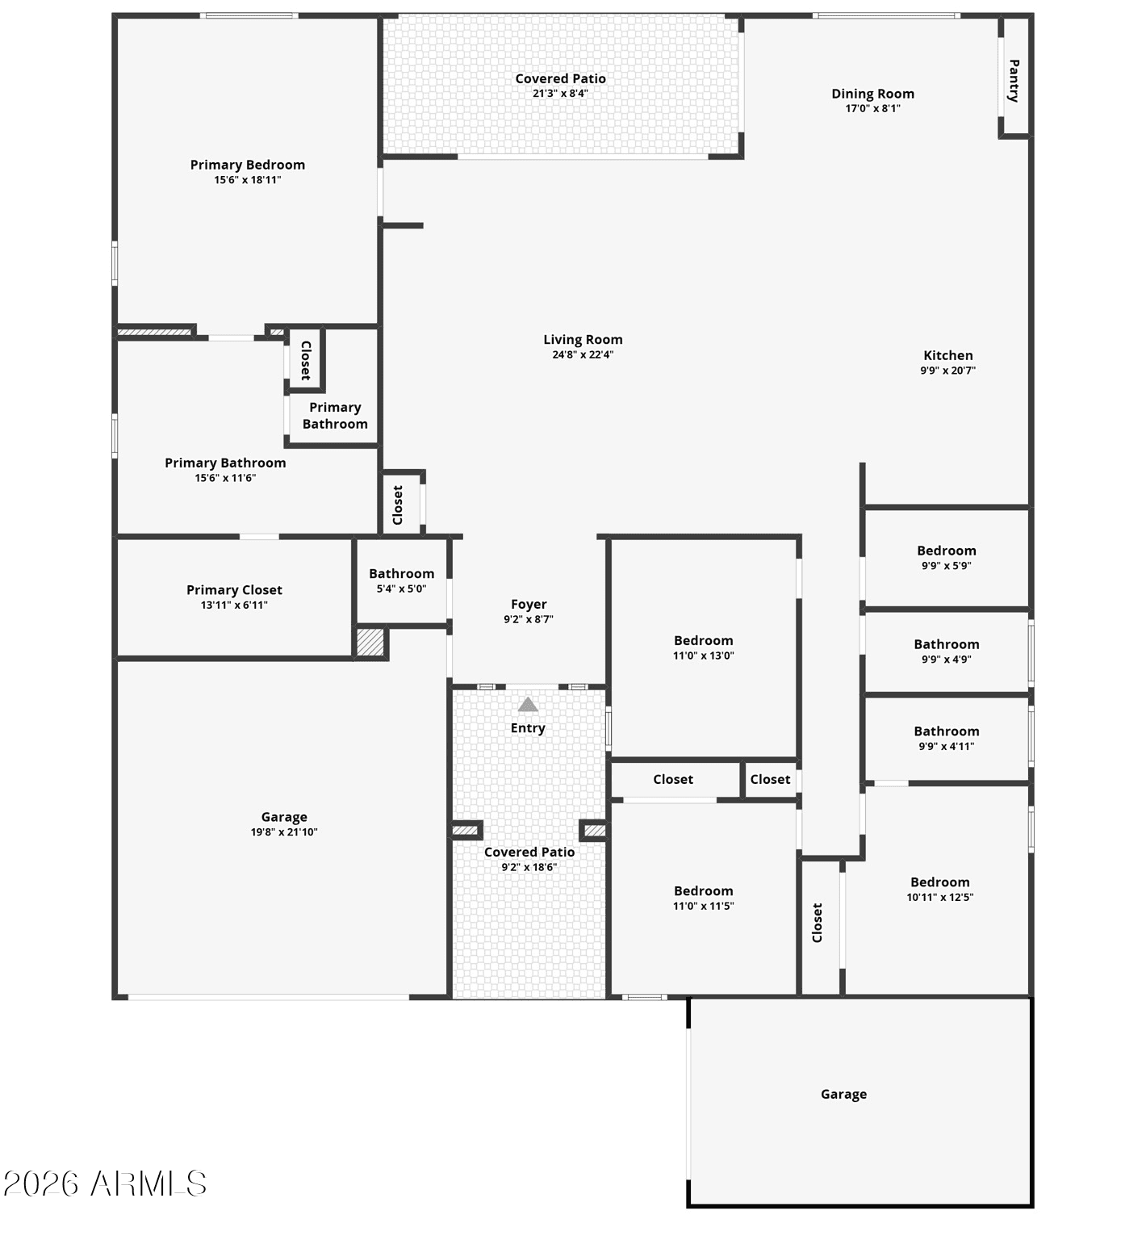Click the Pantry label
[1014, 80]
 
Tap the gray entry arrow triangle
[528, 705]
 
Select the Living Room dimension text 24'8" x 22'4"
[583, 354]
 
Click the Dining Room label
[872, 94]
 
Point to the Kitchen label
[947, 355]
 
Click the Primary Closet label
[234, 590]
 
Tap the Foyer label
[529, 605]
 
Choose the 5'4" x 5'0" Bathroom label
[401, 574]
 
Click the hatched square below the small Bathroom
[370, 643]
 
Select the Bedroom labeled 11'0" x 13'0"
[703, 641]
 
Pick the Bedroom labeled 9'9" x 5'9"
[946, 551]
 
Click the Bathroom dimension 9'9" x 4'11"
[946, 746]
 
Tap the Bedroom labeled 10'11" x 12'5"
[939, 882]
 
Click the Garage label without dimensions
[843, 1094]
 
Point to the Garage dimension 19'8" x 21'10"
[284, 832]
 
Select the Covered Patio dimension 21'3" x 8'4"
[560, 94]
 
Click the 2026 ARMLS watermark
[105, 1183]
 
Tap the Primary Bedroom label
[247, 165]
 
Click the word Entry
[528, 728]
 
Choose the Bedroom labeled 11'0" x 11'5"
[703, 891]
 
